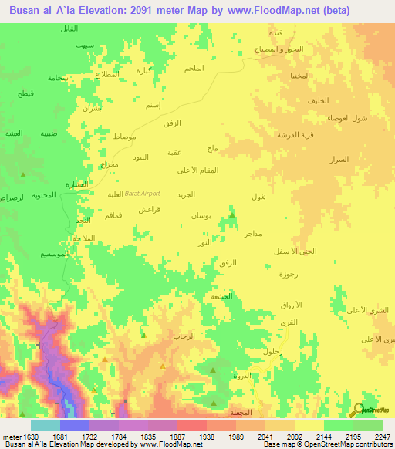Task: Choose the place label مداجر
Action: point(253,232)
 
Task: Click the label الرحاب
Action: point(184,336)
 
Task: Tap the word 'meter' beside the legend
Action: point(8,436)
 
